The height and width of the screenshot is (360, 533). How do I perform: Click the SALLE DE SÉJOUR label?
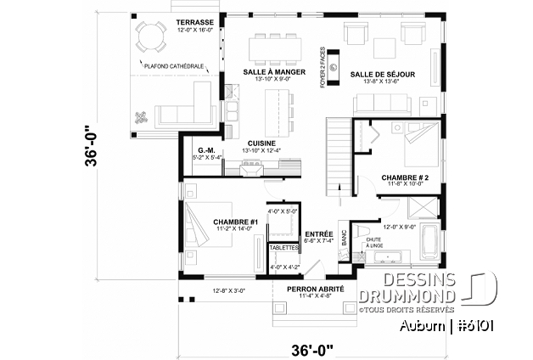[383, 74]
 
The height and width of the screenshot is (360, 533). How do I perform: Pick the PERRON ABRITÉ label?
[315, 289]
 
